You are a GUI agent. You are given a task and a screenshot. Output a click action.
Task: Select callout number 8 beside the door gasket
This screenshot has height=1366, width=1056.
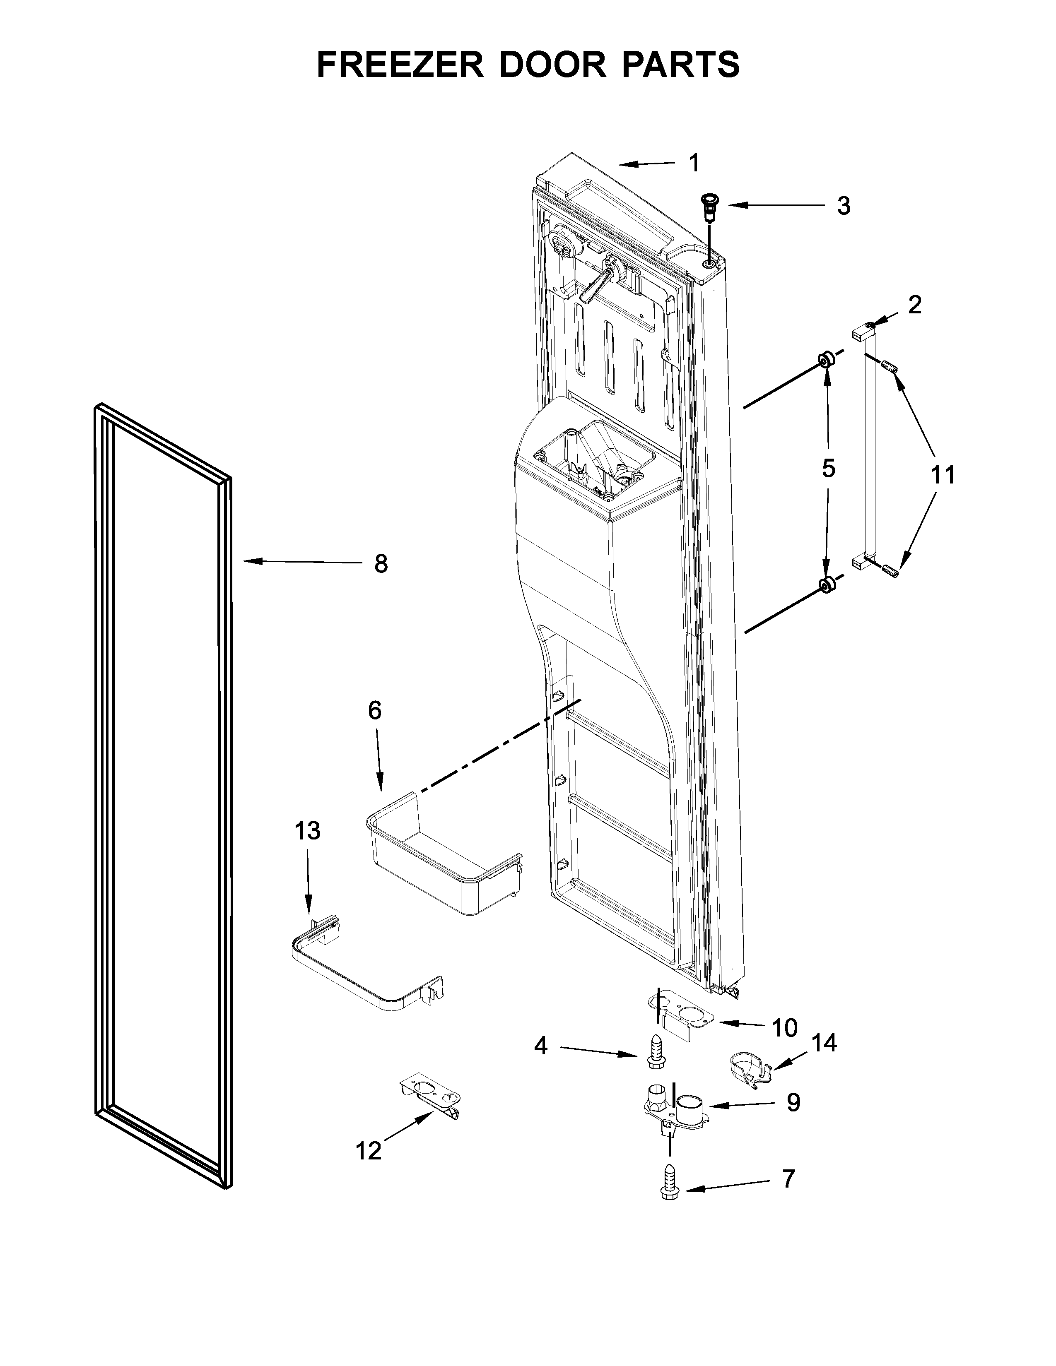click(381, 564)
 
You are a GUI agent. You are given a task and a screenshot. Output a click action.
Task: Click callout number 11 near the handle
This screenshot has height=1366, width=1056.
click(943, 475)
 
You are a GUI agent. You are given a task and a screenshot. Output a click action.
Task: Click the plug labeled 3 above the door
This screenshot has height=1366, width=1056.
click(711, 207)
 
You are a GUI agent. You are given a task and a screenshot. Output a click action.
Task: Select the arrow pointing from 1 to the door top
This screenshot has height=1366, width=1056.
click(648, 164)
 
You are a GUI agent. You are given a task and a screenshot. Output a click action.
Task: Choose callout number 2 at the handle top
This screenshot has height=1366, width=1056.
click(915, 305)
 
